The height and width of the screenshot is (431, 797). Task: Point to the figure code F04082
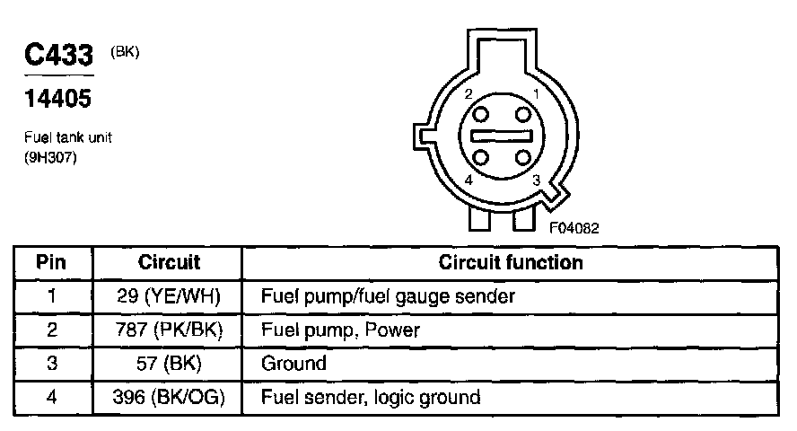pos(574,228)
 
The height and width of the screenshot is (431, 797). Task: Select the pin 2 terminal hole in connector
pos(481,114)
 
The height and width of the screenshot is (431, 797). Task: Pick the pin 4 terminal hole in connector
pos(481,158)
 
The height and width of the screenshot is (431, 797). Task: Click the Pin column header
pos(52,263)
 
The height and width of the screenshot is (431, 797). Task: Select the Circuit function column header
pos(511,263)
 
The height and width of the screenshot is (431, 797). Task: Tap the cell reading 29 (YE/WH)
pos(169,295)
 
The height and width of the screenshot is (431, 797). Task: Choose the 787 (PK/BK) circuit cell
pos(169,330)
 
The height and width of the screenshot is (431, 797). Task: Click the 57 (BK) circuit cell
pos(169,364)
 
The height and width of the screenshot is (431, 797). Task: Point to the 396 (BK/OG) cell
pos(169,397)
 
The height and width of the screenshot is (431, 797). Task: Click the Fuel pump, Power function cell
pos(340,330)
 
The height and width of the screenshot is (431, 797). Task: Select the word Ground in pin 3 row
pos(293,364)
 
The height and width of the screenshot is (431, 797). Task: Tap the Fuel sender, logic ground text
pos(370,397)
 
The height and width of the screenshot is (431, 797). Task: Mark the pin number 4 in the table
pos(52,397)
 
